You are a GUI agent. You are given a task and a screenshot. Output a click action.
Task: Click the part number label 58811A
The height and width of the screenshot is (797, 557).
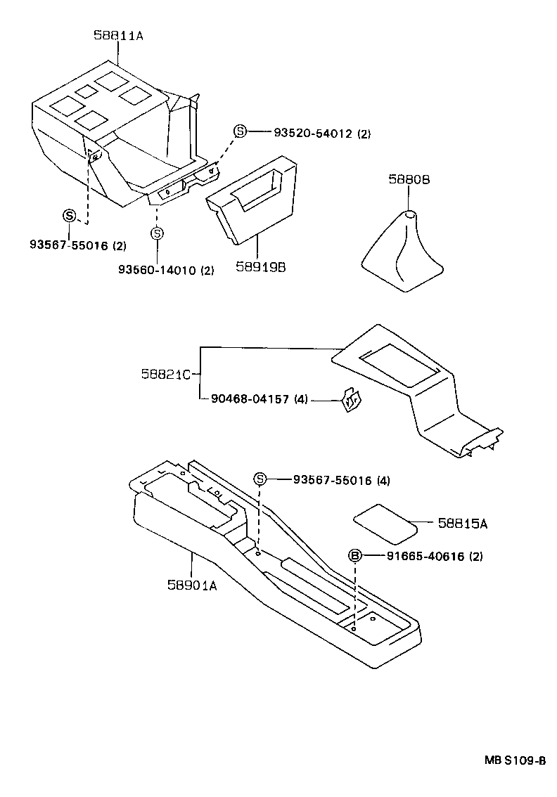(x=118, y=35)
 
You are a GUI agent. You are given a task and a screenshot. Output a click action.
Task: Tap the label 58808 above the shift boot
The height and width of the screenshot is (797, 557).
(x=409, y=180)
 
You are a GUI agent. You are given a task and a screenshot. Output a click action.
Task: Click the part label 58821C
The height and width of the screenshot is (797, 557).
(x=165, y=375)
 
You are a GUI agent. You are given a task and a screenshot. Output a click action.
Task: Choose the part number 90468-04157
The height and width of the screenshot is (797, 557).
(x=250, y=399)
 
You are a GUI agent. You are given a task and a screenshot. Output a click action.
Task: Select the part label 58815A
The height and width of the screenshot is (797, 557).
(x=462, y=523)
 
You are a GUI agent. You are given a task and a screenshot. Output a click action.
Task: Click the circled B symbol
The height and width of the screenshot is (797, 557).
(x=355, y=556)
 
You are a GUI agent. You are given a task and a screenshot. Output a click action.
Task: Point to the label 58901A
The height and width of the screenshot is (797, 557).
(x=192, y=584)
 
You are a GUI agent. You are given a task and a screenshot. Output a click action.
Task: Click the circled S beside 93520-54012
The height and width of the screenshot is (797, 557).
(x=240, y=132)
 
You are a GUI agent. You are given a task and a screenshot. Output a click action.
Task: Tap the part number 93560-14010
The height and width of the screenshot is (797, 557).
(x=157, y=270)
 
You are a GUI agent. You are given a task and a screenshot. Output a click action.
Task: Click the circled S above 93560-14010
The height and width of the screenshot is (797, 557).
(x=158, y=233)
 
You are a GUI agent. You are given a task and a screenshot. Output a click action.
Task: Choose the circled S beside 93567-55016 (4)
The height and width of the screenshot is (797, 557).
(x=260, y=479)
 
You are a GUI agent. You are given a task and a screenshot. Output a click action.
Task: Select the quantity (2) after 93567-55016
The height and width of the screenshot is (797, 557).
(x=119, y=245)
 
